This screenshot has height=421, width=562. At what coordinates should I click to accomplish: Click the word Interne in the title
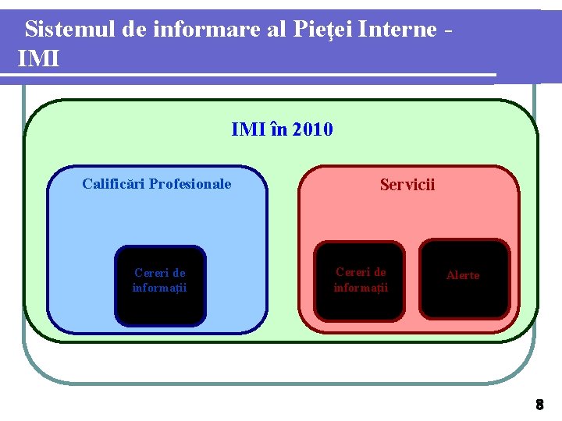point(399,30)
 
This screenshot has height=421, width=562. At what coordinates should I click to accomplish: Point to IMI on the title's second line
point(38,58)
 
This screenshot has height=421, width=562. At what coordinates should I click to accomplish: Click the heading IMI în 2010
point(282,129)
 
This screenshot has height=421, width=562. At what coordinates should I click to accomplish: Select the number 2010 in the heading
point(312,129)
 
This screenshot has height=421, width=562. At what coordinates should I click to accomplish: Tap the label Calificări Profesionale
point(157,184)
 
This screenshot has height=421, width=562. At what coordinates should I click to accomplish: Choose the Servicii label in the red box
point(407,185)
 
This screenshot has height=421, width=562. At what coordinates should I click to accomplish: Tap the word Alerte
point(463,275)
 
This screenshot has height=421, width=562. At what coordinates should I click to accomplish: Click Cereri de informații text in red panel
point(361,280)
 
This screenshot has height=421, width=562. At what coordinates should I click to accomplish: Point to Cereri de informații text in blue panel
point(159,281)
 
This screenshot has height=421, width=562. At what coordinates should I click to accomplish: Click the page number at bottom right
point(539,405)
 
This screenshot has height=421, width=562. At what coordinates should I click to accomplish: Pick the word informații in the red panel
point(361,288)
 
